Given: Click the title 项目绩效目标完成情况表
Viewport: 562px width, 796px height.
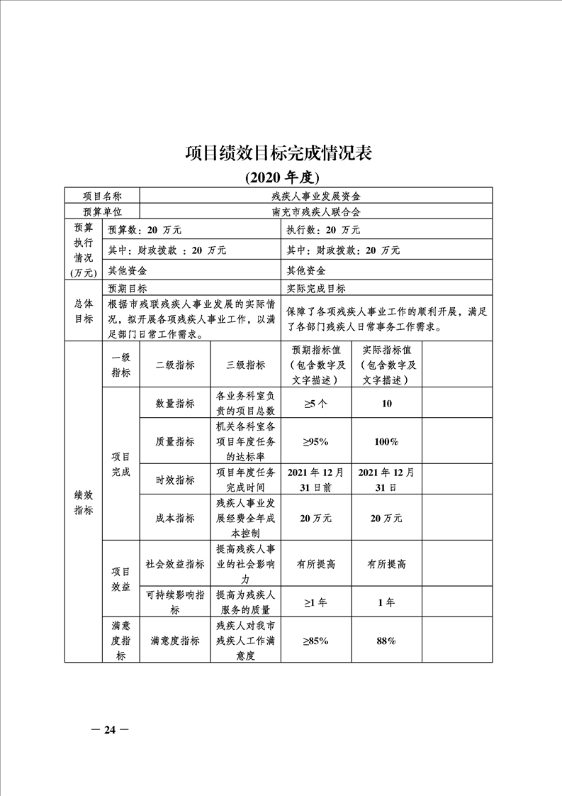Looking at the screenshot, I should tap(279, 153).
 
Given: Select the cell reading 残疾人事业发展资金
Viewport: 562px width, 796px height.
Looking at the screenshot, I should tap(316, 196).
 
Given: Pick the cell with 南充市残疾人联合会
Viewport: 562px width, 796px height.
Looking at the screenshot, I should tap(316, 212).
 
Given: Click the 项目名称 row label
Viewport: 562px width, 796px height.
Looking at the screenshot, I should tap(102, 196).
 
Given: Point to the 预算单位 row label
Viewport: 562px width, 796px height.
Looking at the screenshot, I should tap(102, 212).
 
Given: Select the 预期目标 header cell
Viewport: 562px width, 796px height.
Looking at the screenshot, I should tap(128, 288).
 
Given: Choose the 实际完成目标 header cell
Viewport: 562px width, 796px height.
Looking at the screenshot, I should tap(316, 288).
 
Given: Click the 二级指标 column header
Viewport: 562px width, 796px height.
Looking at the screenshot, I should tap(175, 365).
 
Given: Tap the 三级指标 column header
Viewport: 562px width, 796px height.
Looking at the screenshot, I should tap(245, 365).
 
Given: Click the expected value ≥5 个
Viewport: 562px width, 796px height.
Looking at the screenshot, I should tap(315, 403).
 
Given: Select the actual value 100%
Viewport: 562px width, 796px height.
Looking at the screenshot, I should tap(386, 441).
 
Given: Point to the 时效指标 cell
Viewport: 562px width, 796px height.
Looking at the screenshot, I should tap(175, 480).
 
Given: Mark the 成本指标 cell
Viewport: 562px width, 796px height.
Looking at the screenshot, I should tap(175, 519).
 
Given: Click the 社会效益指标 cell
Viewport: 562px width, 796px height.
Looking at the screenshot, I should tap(175, 564).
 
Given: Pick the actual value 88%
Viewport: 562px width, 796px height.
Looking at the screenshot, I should tap(386, 641).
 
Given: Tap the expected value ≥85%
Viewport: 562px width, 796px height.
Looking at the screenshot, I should tap(315, 641).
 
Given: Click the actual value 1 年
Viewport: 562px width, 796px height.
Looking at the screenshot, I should tap(386, 602).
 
